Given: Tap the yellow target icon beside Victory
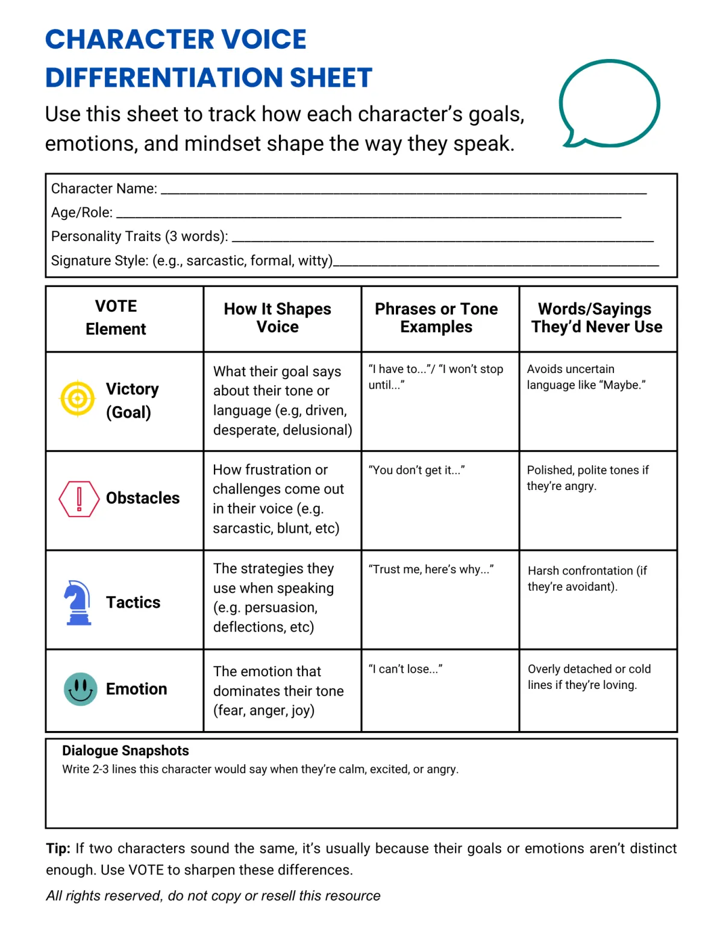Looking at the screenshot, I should [x=78, y=398].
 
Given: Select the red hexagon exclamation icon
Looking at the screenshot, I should [x=79, y=498].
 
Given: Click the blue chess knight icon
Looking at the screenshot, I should [x=78, y=602].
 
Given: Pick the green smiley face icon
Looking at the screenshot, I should [x=80, y=689].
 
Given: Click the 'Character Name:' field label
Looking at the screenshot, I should [x=104, y=189].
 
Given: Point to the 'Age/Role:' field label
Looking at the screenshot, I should [x=82, y=213].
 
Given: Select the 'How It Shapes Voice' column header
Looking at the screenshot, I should [x=278, y=318].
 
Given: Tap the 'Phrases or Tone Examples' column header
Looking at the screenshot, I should [x=436, y=318].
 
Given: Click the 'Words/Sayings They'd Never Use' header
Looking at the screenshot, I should [x=596, y=318].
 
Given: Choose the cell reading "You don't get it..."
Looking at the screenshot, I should [x=416, y=470].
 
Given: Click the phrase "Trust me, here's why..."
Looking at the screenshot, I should [x=431, y=570].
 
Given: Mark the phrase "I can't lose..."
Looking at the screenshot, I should [x=405, y=669].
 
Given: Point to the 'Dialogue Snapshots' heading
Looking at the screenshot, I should [x=125, y=750].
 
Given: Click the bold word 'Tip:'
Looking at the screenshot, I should [x=58, y=849].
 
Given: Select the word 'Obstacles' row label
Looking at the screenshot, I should [x=143, y=498].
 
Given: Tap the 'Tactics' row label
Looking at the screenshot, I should [x=133, y=602].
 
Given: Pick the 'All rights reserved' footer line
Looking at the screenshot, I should [x=213, y=896].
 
